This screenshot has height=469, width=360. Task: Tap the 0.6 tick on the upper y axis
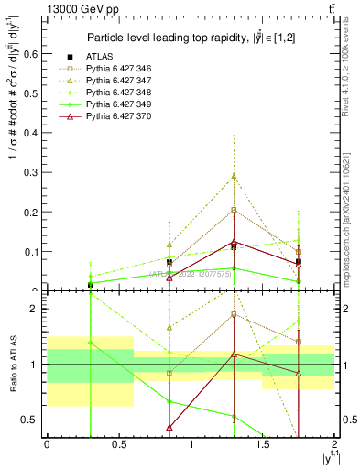point(34,54)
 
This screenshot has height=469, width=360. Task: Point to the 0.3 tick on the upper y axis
point(34,172)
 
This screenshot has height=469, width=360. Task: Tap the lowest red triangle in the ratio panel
point(169,427)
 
